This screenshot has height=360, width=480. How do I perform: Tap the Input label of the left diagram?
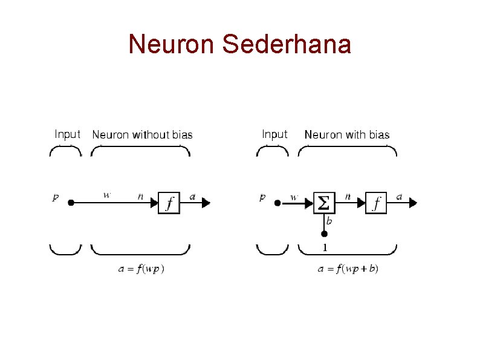coord(67,134)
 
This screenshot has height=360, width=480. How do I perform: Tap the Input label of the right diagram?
coord(274,134)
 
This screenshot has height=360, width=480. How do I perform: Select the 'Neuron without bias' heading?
coord(142,134)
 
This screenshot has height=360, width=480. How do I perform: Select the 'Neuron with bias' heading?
coord(347,134)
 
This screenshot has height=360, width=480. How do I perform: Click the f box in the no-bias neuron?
coord(169,203)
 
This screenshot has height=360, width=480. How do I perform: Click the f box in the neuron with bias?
coord(377,203)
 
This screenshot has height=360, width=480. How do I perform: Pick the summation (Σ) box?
coord(324,203)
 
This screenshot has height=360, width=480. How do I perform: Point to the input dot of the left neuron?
coord(71,203)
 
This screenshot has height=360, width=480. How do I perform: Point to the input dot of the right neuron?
coord(277,203)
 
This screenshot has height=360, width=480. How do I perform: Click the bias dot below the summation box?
coord(324,234)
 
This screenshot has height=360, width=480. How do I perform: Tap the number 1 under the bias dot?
coord(325,247)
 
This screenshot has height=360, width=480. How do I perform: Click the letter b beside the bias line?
coord(329,221)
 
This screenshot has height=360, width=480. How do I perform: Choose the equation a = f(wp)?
coord(141,269)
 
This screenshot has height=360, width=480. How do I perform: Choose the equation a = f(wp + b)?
coord(348,269)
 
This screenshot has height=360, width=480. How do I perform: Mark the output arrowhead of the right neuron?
coord(413,203)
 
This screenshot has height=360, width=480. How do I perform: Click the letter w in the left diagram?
coord(107,195)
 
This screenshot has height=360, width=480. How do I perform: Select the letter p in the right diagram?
coord(262,197)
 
